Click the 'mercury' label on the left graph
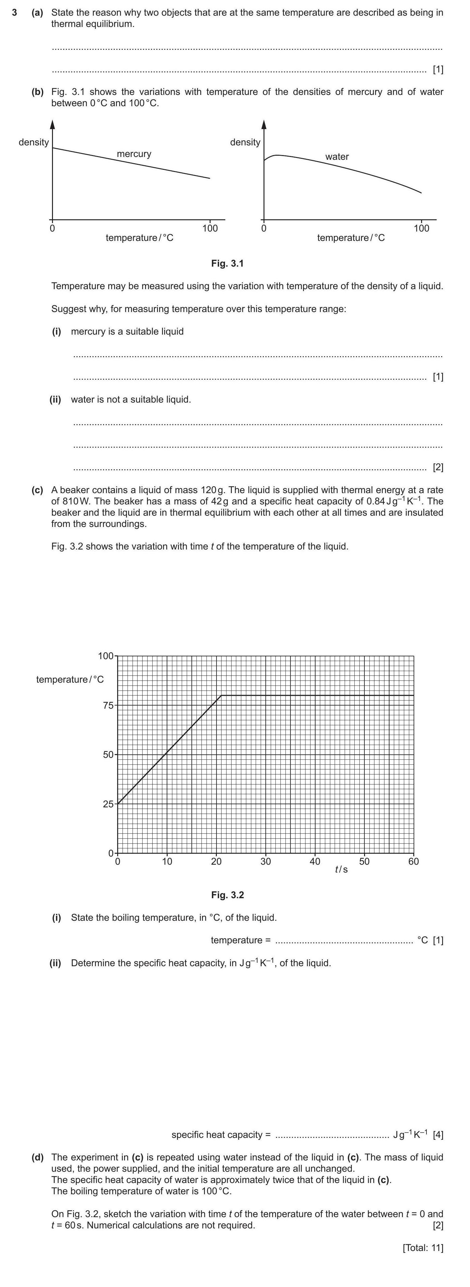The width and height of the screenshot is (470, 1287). pyautogui.click(x=134, y=154)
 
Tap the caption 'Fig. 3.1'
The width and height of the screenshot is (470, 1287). pyautogui.click(x=227, y=263)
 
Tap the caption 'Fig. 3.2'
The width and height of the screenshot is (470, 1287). pyautogui.click(x=227, y=895)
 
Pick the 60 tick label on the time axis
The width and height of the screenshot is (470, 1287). pyautogui.click(x=414, y=861)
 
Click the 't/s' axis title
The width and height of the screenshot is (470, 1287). pyautogui.click(x=342, y=869)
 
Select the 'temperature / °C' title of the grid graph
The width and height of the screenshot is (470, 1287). pyautogui.click(x=70, y=680)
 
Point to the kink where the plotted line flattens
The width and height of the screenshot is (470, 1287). pyautogui.click(x=221, y=695)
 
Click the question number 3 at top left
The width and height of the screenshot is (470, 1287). pyautogui.click(x=15, y=13)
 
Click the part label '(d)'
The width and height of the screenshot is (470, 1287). pyautogui.click(x=38, y=1157)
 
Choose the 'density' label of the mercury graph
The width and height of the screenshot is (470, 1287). pyautogui.click(x=34, y=142)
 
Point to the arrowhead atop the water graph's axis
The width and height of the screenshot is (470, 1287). pyautogui.click(x=264, y=124)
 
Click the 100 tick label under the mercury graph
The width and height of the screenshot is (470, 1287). pyautogui.click(x=210, y=228)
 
